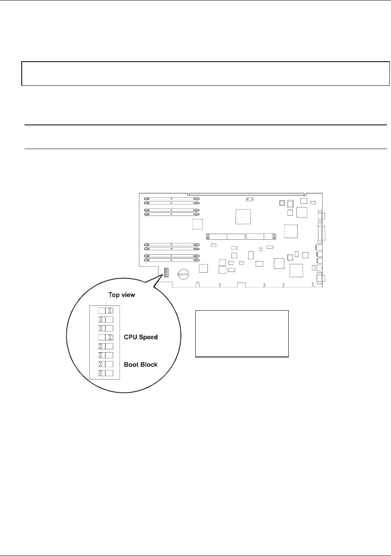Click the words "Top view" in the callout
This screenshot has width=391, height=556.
coord(122,295)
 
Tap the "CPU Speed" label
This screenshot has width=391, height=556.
coord(141,337)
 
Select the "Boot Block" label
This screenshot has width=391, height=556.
coord(141,364)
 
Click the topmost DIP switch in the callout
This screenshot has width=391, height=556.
coord(106,311)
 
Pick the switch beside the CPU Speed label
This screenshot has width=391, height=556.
coord(106,337)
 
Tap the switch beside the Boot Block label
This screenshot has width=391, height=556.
coord(106,364)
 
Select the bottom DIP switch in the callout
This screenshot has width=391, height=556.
coord(106,373)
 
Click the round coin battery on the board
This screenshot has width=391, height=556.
coord(183,274)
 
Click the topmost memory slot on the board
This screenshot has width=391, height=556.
coord(172,199)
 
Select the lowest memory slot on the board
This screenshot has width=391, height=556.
coord(172,260)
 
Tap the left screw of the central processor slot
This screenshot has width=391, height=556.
coord(208,237)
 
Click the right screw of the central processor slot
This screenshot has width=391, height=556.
coord(274,237)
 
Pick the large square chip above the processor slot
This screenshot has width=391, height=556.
coord(243,217)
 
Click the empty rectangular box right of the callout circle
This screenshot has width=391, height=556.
coord(242,334)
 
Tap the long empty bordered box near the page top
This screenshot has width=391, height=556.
coord(206,73)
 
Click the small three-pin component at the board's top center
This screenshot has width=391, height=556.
coord(250,199)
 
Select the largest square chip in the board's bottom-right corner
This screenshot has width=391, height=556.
coord(296,270)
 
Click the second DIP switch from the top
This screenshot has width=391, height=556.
coord(106,319)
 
